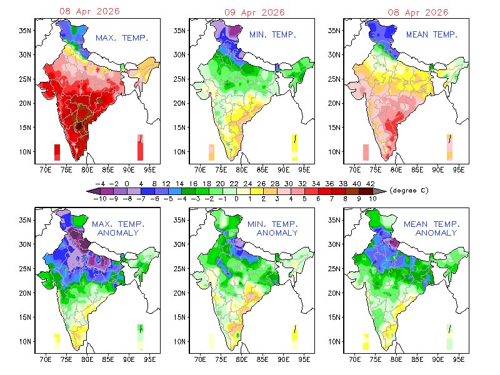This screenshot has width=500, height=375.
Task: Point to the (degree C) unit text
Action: pyautogui.click(x=408, y=190)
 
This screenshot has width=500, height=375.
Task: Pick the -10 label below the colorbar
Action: pyautogui.click(x=99, y=197)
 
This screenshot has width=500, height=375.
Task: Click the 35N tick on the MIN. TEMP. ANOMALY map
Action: pyautogui.click(x=178, y=220)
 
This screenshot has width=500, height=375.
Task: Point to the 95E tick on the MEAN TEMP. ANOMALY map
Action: pyautogui.click(x=459, y=361)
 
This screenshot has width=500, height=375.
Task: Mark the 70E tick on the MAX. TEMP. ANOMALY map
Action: pyautogui.click(x=46, y=361)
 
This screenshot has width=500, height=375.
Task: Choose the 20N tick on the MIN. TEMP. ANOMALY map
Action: pyautogui.click(x=178, y=293)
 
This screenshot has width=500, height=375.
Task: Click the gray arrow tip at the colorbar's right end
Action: pyautogui.click(x=382, y=190)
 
